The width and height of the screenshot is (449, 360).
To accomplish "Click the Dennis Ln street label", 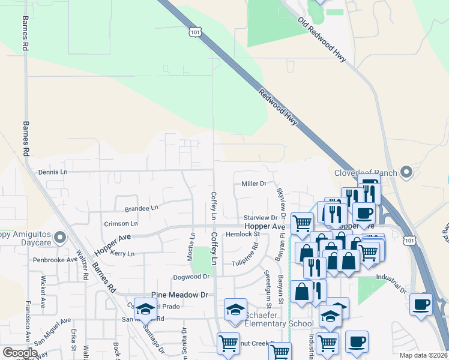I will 53,172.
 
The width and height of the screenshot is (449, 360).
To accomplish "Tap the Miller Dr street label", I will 253,184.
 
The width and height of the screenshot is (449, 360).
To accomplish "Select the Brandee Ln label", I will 141,208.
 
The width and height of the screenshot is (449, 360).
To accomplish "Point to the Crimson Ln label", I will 121,223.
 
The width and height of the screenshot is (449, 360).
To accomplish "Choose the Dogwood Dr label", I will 191,277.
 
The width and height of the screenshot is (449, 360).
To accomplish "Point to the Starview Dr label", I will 262,218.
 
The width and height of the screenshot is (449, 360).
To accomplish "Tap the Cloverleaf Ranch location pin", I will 406,172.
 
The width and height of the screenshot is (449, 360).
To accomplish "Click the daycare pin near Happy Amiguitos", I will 59,238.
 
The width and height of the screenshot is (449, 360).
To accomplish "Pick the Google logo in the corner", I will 20,353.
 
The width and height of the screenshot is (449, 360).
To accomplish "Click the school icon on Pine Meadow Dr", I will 145,308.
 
